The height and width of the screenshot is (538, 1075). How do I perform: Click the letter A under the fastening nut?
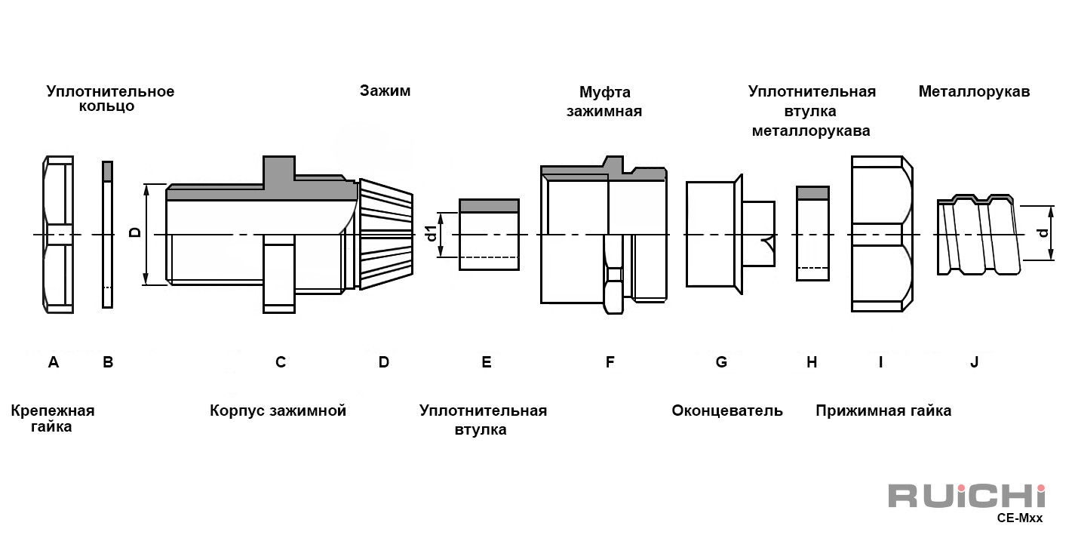tap(54, 362)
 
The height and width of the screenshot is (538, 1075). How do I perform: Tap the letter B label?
tap(108, 362)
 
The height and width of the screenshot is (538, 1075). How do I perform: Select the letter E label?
tap(486, 362)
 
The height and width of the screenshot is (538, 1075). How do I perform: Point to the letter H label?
tap(812, 362)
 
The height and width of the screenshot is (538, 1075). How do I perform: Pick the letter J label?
tap(974, 362)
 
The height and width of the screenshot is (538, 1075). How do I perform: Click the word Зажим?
tap(385, 91)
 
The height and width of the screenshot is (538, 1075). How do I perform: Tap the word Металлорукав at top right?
tap(974, 91)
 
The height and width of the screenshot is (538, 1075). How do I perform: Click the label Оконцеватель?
tap(727, 410)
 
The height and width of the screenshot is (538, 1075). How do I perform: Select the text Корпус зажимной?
tap(278, 410)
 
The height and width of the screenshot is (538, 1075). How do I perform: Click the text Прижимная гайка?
tap(883, 410)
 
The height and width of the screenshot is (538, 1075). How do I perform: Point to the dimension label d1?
tap(432, 233)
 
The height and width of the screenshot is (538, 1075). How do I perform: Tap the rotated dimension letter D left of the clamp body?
tap(136, 232)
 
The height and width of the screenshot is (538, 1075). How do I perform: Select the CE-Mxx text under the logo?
tap(1019, 518)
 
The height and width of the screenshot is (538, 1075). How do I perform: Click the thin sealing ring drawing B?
tap(107, 235)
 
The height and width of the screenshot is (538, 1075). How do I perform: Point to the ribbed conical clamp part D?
tap(385, 234)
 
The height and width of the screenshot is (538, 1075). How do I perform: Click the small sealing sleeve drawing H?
tap(812, 233)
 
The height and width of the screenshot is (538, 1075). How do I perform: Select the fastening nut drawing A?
tap(58, 235)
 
